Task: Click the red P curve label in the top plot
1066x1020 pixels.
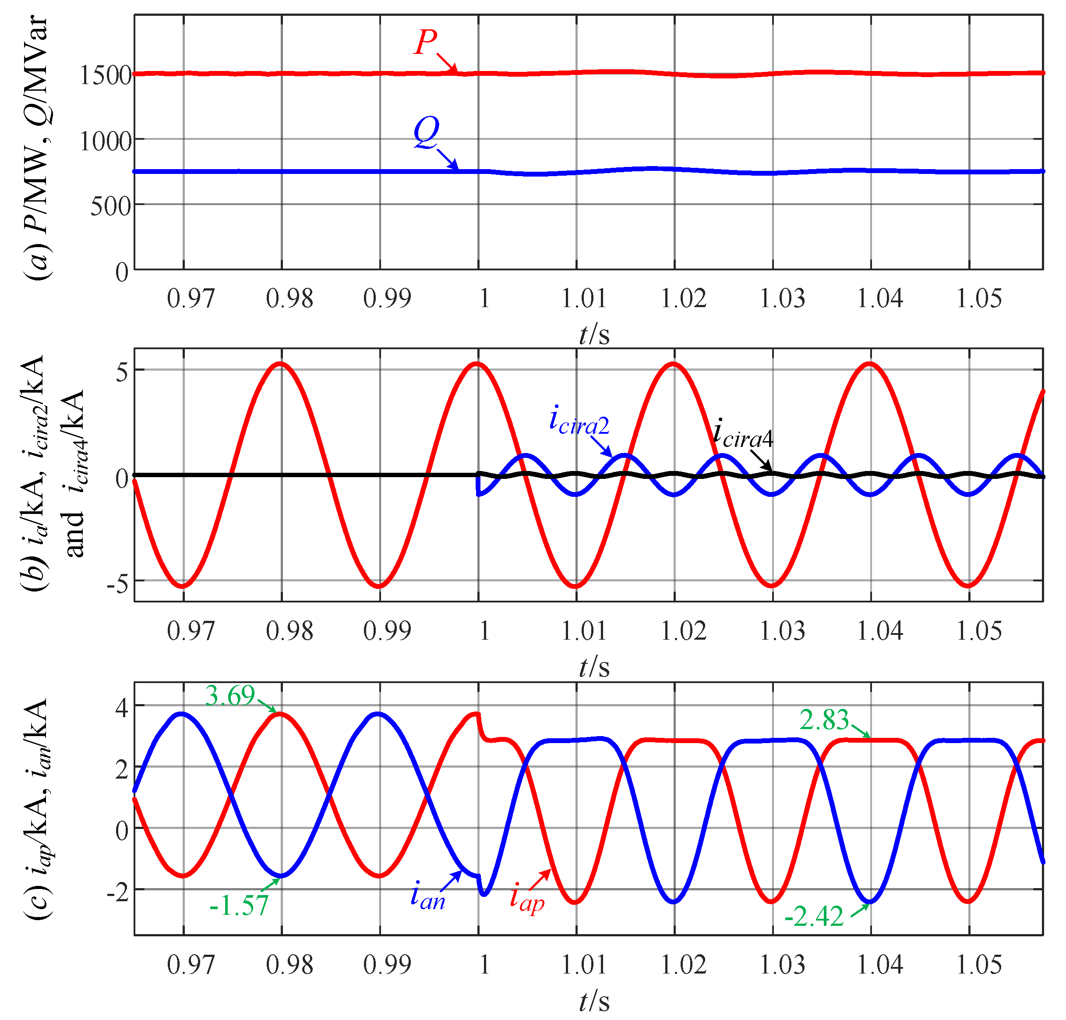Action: (x=426, y=42)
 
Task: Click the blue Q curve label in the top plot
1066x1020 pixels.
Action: (x=426, y=132)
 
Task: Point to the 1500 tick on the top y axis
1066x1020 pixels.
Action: (x=106, y=75)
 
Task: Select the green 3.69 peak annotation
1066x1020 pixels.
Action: (x=230, y=696)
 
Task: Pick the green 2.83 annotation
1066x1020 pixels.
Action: (x=823, y=720)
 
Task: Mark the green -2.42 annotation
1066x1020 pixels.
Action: (x=814, y=917)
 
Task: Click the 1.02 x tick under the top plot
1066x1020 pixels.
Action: (x=683, y=298)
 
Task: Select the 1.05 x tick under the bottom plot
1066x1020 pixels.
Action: (x=978, y=964)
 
